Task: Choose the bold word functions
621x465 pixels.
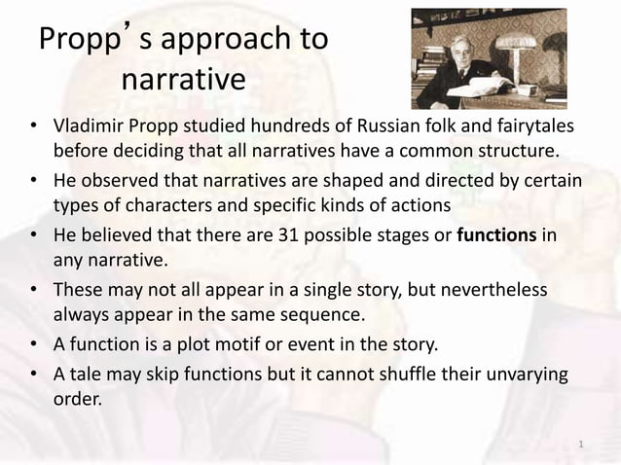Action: click(x=497, y=238)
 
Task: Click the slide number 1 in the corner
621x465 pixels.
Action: click(x=580, y=445)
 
